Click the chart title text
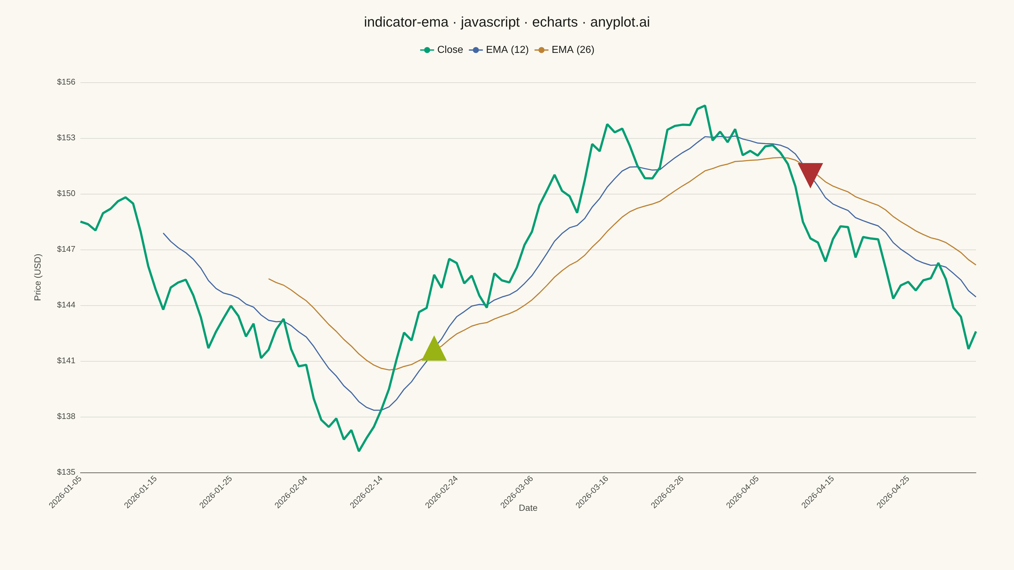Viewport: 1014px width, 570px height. pyautogui.click(x=507, y=22)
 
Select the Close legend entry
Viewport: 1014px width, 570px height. pyautogui.click(x=441, y=50)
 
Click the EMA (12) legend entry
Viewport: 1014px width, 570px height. pyautogui.click(x=499, y=50)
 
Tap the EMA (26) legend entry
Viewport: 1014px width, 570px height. pyautogui.click(x=564, y=50)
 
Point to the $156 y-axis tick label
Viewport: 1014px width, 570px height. pyautogui.click(x=66, y=82)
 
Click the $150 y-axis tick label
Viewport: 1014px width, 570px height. pyautogui.click(x=66, y=193)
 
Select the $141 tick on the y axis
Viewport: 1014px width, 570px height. pyautogui.click(x=66, y=360)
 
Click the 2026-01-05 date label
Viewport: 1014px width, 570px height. pyautogui.click(x=65, y=492)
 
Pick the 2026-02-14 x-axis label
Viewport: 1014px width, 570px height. pyautogui.click(x=366, y=492)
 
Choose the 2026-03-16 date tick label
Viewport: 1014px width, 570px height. pyautogui.click(x=592, y=492)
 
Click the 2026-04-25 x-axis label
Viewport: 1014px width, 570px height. pyautogui.click(x=893, y=492)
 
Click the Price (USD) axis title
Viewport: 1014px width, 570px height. pyautogui.click(x=37, y=277)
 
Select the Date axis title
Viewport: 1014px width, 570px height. pyautogui.click(x=528, y=508)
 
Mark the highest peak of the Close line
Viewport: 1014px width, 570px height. pyautogui.click(x=705, y=105)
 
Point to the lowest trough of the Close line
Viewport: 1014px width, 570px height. pyautogui.click(x=359, y=451)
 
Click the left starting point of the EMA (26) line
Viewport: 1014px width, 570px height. pyautogui.click(x=269, y=279)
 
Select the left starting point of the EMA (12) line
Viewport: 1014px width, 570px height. pyautogui.click(x=164, y=233)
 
